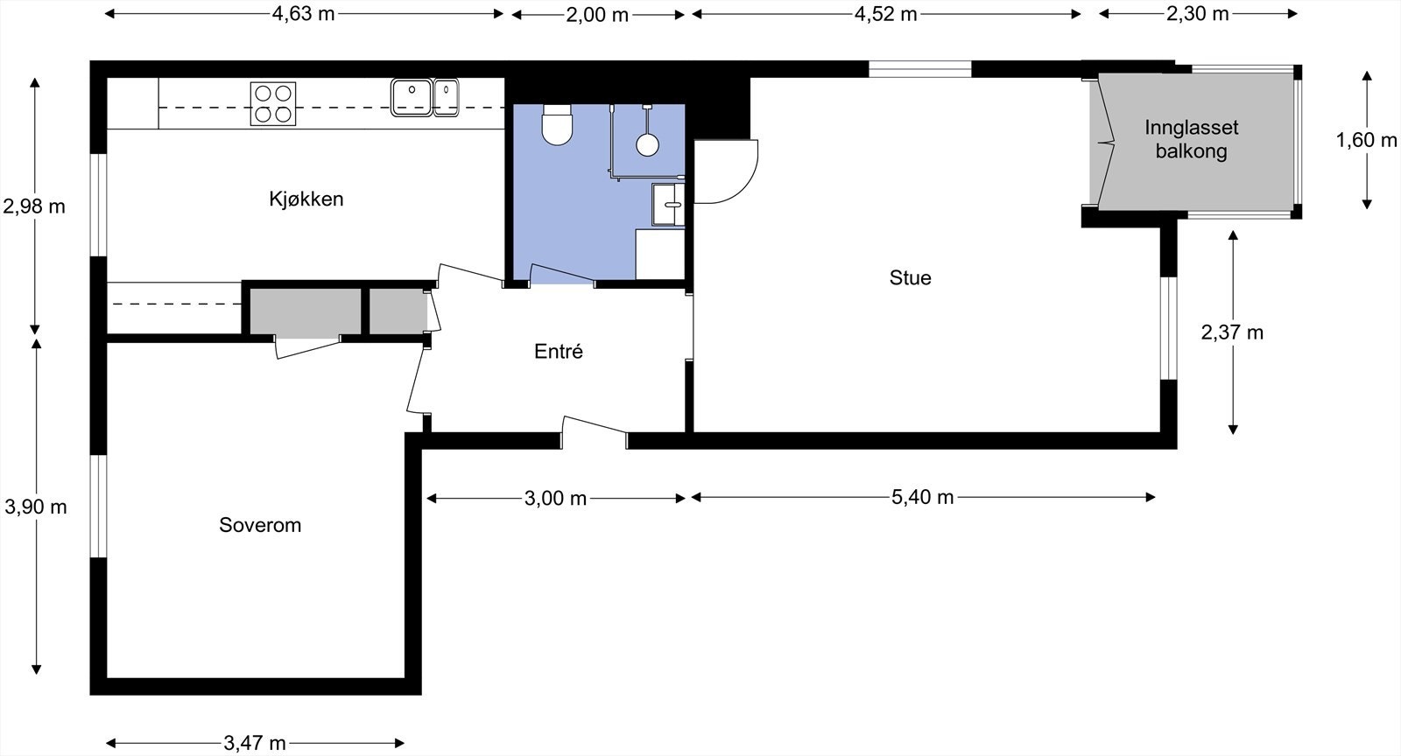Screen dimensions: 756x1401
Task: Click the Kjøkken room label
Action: [306, 199]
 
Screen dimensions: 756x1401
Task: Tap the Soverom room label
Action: [259, 525]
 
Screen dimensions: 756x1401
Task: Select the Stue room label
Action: [910, 278]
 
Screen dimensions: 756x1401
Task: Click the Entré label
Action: [558, 352]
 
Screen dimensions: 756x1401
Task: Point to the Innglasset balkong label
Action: [1191, 140]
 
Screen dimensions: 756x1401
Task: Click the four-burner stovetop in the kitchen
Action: [272, 103]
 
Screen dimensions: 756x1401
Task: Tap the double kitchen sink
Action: [424, 97]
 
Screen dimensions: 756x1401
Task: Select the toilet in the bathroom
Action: [557, 125]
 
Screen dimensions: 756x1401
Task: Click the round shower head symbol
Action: [647, 144]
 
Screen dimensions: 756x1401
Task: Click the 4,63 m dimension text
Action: [303, 14]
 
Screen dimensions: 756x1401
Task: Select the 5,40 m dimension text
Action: [922, 498]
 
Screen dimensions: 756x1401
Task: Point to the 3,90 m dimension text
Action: [35, 507]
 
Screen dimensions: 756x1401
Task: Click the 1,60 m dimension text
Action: [1365, 140]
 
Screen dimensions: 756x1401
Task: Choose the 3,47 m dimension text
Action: [254, 744]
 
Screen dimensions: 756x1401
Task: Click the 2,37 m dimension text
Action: [1231, 332]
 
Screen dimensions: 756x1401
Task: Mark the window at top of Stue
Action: [919, 69]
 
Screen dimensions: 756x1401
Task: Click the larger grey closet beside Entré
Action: [306, 311]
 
